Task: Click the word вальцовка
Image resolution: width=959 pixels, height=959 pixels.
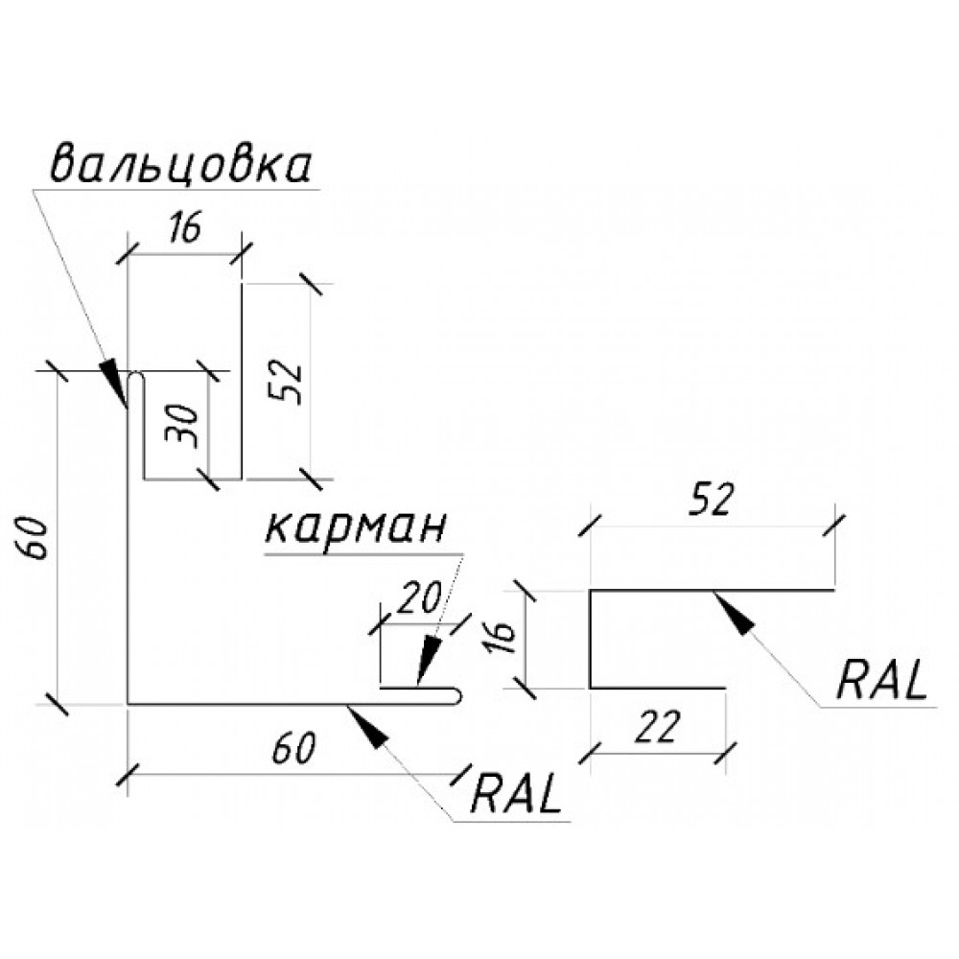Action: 181,165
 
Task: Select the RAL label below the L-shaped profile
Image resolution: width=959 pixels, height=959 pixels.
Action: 518,792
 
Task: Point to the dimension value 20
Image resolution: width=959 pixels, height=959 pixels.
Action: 419,597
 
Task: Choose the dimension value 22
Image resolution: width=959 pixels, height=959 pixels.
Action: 657,728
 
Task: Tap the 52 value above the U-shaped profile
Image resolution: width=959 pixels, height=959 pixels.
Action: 711,500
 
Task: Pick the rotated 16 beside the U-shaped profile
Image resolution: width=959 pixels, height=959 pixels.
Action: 507,636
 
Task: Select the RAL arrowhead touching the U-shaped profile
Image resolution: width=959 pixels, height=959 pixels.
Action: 733,612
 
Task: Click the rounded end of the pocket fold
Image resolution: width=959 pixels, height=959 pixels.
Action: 456,696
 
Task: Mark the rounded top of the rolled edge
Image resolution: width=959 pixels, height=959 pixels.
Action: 136,377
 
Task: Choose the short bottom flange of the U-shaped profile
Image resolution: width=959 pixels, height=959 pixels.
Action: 658,688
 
